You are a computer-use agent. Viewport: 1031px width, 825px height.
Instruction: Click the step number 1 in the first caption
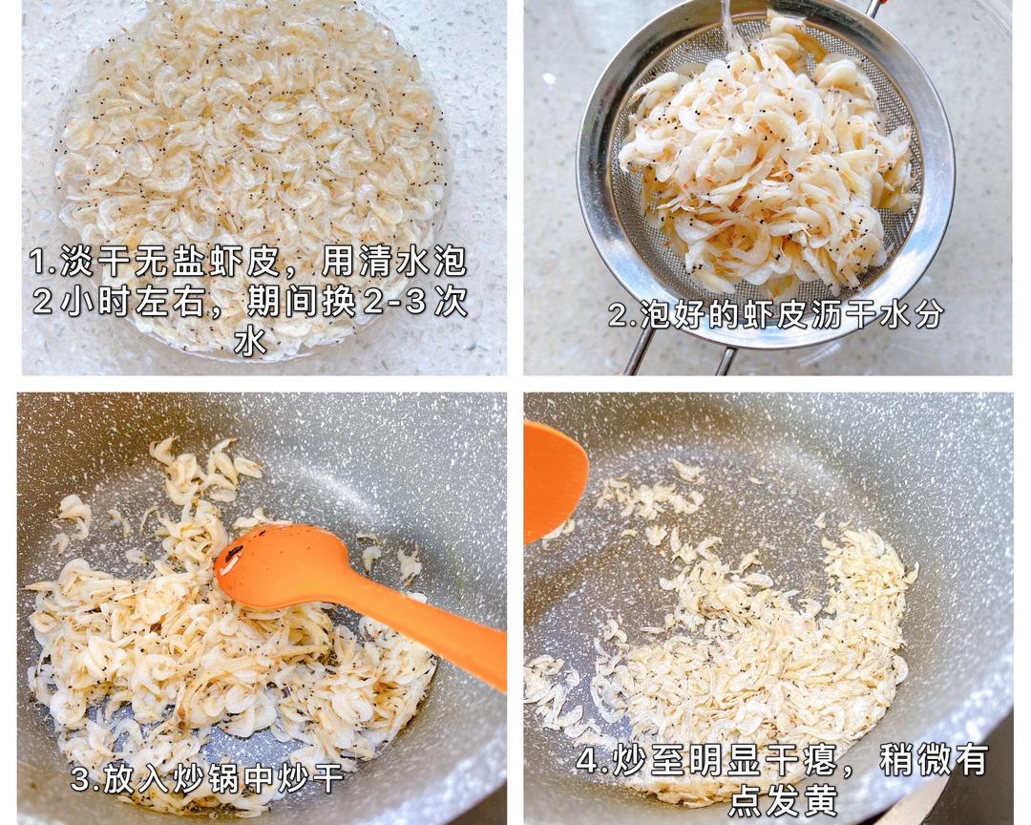[38, 263]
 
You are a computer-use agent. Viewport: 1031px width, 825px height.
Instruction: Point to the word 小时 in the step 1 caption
[92, 302]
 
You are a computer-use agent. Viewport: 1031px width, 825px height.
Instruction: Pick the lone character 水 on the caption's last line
[250, 341]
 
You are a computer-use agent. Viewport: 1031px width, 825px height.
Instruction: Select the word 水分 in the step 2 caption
[915, 314]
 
